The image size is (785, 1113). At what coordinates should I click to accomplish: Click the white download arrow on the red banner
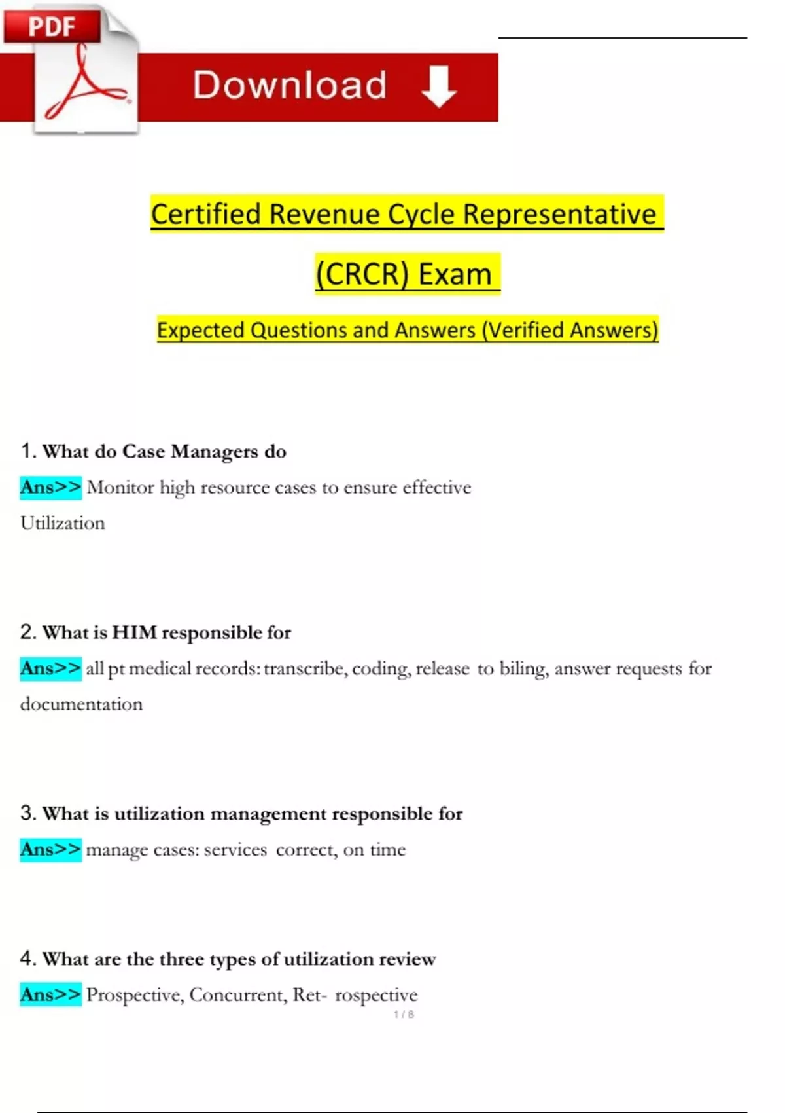438,86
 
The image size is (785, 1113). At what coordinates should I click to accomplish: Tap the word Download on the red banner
290,85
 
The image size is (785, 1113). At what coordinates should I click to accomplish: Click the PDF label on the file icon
52,27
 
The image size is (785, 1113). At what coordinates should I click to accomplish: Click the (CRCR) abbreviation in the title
362,274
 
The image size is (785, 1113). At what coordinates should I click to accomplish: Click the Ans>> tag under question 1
50,488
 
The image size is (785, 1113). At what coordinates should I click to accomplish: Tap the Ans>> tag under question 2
50,668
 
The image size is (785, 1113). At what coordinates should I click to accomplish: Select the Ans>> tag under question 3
50,850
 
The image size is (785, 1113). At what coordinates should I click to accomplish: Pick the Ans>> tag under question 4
50,994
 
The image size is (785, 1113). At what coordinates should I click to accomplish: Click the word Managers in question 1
215,452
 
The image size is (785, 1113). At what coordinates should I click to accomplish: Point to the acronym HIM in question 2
135,632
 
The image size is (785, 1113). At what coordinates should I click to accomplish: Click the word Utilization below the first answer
63,523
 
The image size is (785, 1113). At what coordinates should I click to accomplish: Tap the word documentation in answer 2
81,704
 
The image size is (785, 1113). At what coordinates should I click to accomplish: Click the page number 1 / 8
404,1014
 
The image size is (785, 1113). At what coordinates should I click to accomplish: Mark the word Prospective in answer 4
135,995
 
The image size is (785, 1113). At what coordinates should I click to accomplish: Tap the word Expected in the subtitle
201,330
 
